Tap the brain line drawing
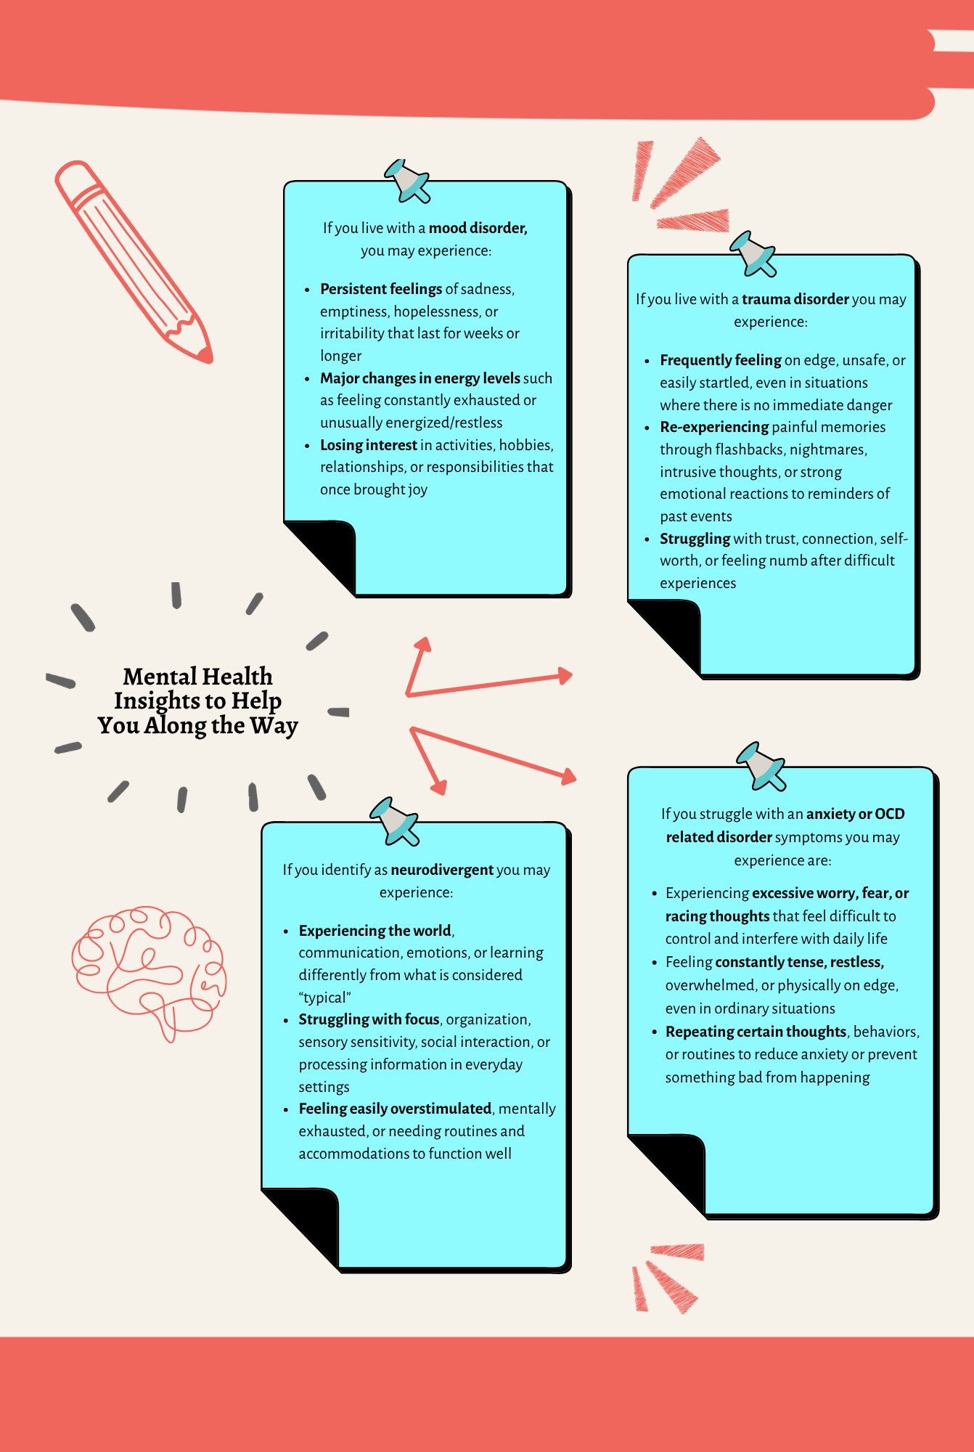[x=149, y=973]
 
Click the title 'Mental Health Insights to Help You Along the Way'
[x=198, y=701]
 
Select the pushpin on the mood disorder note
[x=407, y=181]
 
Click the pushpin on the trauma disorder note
[x=753, y=254]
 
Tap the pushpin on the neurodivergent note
[x=394, y=821]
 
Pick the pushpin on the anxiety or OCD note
[x=761, y=766]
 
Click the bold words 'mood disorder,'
[x=478, y=228]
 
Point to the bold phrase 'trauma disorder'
[x=795, y=299]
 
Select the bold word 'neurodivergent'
[x=442, y=870]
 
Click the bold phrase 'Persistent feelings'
[x=381, y=289]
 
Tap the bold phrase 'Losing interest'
[x=369, y=445]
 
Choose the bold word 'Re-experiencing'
[x=714, y=427]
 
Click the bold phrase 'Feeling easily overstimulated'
[x=396, y=1109]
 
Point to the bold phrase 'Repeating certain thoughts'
[x=756, y=1032]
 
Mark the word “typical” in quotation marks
[x=324, y=998]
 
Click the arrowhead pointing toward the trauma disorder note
[x=564, y=676]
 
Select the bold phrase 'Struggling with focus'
[x=369, y=1019]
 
